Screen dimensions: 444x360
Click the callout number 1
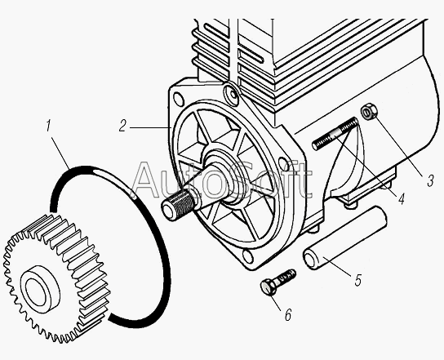[48, 126]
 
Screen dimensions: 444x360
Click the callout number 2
[122, 126]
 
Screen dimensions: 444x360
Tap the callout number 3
[430, 180]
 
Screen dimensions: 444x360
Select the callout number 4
[401, 198]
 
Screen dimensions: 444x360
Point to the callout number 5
[358, 280]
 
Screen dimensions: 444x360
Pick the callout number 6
[287, 315]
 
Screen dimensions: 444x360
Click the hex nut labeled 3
[369, 112]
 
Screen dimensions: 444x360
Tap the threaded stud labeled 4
[335, 134]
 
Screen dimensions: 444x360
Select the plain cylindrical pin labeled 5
[344, 238]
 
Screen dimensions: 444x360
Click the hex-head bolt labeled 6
[277, 282]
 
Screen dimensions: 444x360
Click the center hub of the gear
[40, 289]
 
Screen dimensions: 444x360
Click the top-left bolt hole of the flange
[179, 99]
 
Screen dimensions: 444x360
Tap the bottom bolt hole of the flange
[248, 256]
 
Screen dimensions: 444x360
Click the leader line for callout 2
[151, 128]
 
